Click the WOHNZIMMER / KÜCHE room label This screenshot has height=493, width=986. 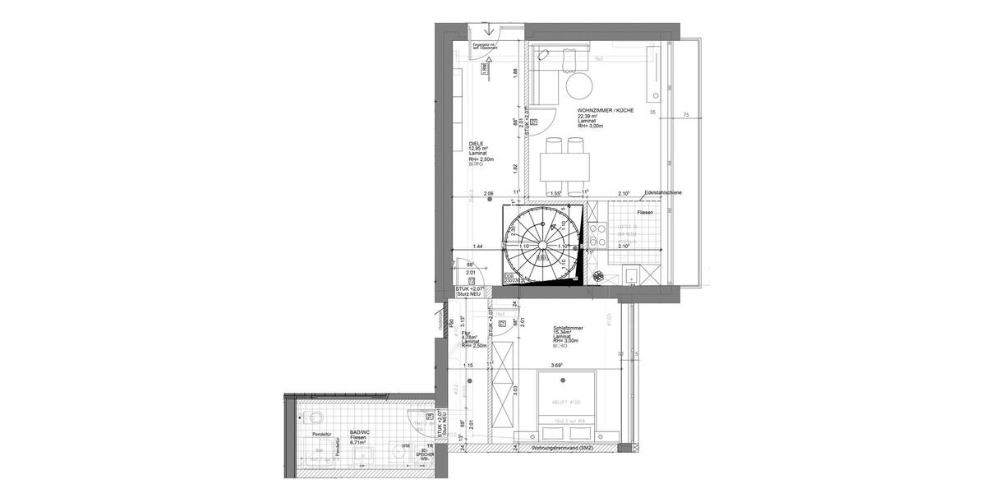point(606,110)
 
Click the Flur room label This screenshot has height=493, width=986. point(466,333)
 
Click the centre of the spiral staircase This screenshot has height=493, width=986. point(541,245)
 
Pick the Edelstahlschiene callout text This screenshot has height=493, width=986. point(663,193)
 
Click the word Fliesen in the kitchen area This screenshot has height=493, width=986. point(644,213)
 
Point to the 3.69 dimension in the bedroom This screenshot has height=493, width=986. point(556,365)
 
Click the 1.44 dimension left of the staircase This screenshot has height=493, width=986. point(477,246)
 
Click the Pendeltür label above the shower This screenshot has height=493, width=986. point(321,433)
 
